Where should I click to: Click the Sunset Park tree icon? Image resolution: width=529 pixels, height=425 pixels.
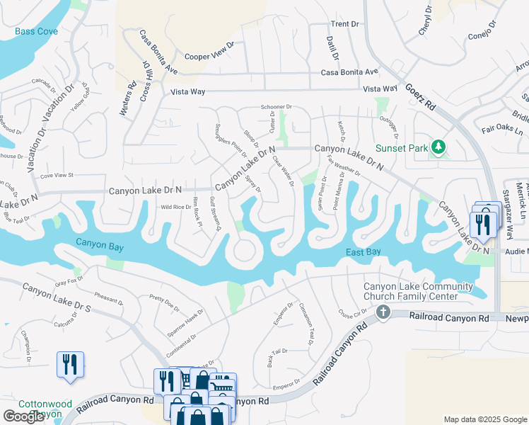click(439, 147)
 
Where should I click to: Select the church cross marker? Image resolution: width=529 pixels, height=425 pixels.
click(383, 312)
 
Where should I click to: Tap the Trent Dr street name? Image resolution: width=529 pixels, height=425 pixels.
click(344, 24)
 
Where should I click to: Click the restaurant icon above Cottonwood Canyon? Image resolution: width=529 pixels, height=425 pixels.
click(70, 364)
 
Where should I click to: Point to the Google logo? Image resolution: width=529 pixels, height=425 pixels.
click(23, 416)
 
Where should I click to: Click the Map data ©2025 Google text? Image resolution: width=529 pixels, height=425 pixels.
click(485, 419)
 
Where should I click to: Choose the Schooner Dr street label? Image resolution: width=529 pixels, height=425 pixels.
click(276, 107)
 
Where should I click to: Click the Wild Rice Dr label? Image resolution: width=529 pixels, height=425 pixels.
click(176, 207)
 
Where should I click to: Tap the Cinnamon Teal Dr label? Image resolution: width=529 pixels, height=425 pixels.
click(306, 324)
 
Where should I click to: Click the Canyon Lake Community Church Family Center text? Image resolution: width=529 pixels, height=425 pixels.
click(418, 291)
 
